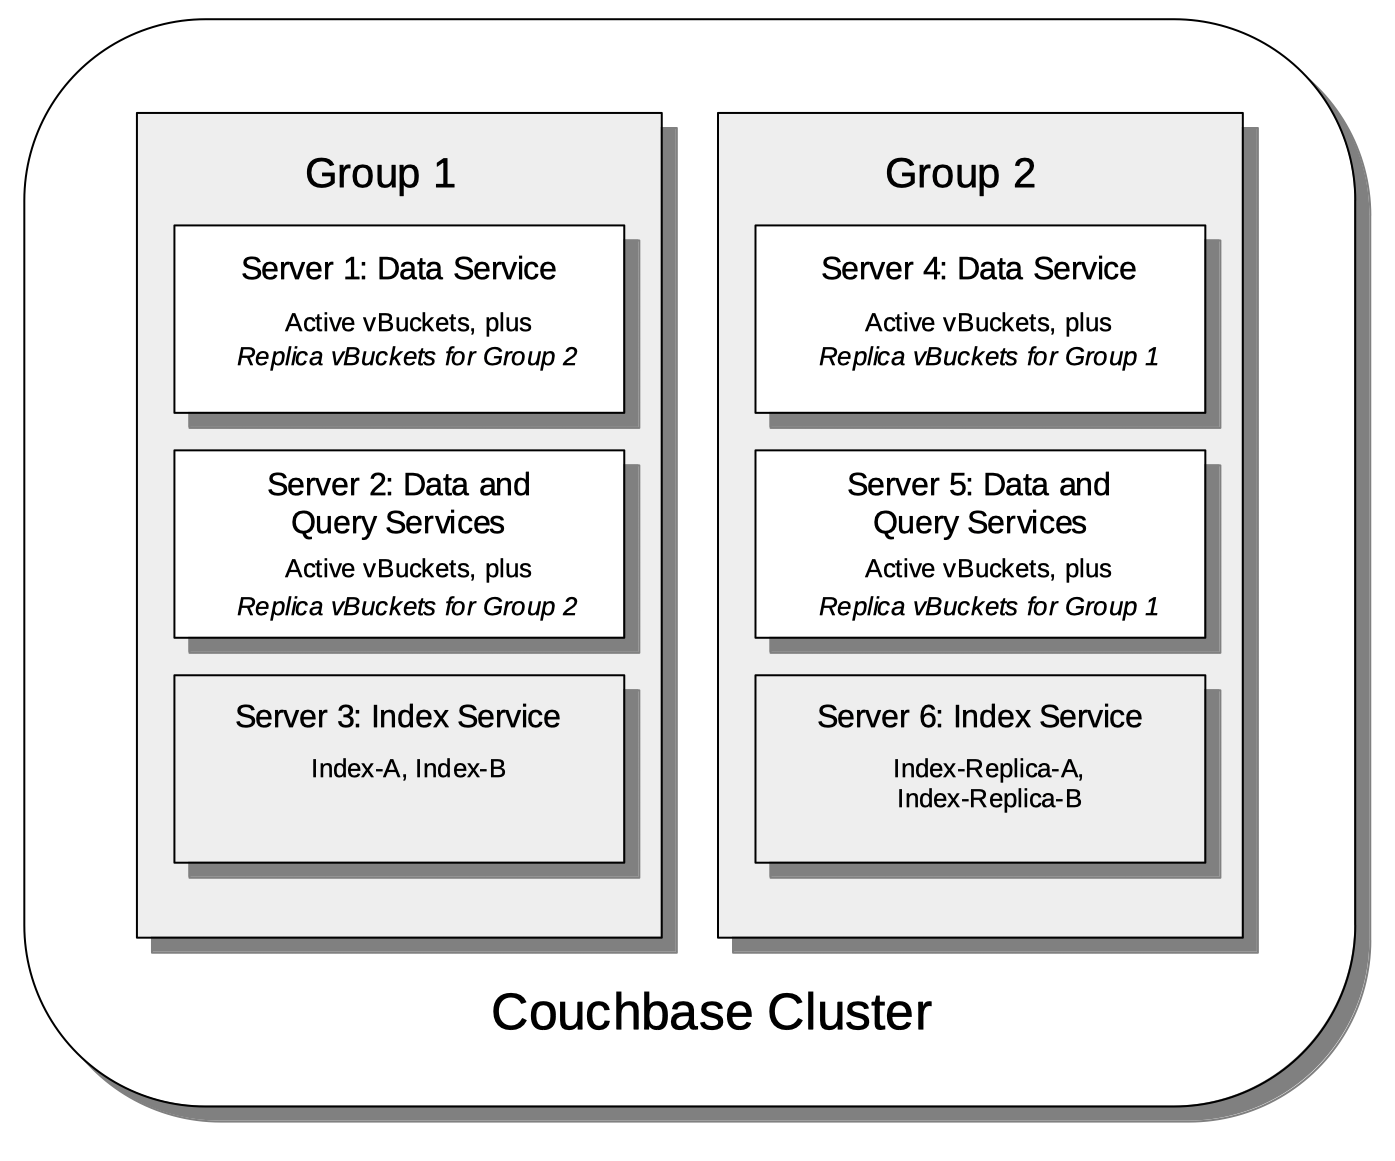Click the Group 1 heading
(x=380, y=173)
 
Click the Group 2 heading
(x=960, y=173)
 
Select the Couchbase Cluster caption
(x=711, y=1011)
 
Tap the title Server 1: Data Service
(x=398, y=268)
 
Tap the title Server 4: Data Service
(x=978, y=268)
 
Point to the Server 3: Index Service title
(x=397, y=716)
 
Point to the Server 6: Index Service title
(x=979, y=716)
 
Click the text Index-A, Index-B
(x=408, y=768)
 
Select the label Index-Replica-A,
(x=988, y=768)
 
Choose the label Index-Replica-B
(x=988, y=798)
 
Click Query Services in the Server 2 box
(x=397, y=522)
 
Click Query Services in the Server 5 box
(x=979, y=522)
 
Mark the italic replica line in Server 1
(x=407, y=356)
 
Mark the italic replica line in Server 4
(x=988, y=356)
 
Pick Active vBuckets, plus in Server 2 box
(x=408, y=568)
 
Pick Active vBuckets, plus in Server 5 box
(x=988, y=568)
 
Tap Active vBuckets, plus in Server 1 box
(x=408, y=322)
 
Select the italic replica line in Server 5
(x=988, y=606)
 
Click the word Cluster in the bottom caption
(x=849, y=1011)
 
